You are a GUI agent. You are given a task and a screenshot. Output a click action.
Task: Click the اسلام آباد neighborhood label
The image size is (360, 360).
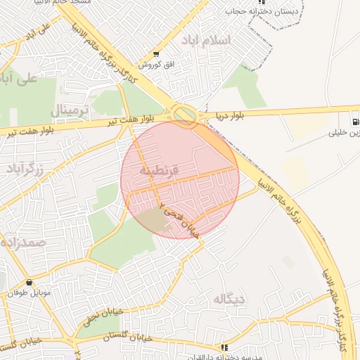click(x=205, y=39)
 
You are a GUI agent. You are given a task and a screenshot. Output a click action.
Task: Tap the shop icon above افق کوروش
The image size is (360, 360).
click(x=155, y=54)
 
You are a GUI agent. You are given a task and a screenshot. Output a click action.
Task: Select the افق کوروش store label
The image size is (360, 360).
click(x=150, y=65)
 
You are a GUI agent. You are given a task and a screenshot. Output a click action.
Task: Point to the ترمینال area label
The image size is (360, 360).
click(x=69, y=110)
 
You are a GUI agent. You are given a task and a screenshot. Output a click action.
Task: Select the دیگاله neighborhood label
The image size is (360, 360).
click(x=231, y=300)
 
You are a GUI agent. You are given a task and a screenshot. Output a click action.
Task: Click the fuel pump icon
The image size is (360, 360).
click(x=354, y=120)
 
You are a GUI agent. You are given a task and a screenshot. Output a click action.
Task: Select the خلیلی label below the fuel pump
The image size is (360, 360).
click(x=345, y=132)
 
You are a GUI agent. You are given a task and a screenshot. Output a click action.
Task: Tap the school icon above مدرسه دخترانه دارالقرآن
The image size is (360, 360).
click(x=224, y=347)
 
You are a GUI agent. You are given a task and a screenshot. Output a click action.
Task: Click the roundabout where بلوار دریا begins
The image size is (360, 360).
click(x=185, y=115)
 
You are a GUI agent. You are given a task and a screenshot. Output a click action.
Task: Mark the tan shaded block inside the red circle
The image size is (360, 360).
click(x=155, y=220)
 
